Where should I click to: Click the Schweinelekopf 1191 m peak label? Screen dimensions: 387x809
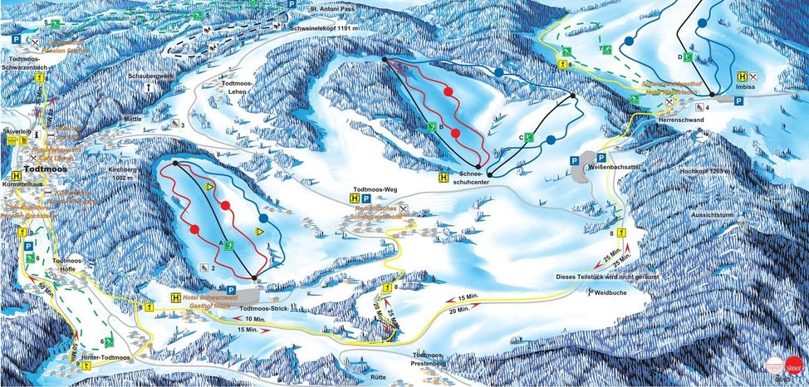click(325, 28)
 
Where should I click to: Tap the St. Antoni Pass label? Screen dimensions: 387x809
click(334, 9)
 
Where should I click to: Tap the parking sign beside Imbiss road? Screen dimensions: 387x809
click(738, 99)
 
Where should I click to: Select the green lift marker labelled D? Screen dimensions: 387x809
click(688, 56)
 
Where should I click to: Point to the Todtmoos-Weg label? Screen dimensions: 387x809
click(375, 189)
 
